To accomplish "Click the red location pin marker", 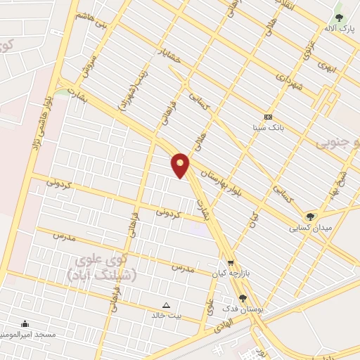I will point(181,164).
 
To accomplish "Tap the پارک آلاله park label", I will point(339,29).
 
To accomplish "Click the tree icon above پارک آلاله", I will point(340,18).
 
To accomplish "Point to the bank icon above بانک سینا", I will point(267,117).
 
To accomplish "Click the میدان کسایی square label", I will point(310,228).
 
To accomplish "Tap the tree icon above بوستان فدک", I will point(243,298).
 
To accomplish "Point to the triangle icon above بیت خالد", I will point(167,305).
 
